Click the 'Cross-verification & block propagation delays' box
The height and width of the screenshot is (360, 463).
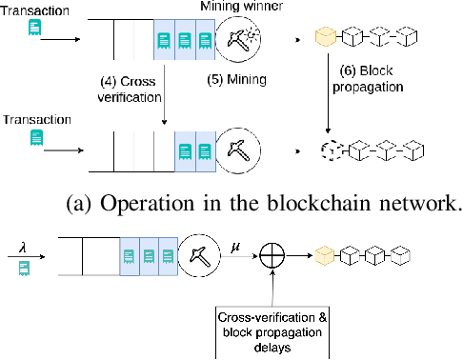click(x=274, y=327)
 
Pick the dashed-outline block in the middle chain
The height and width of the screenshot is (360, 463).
click(x=328, y=150)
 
